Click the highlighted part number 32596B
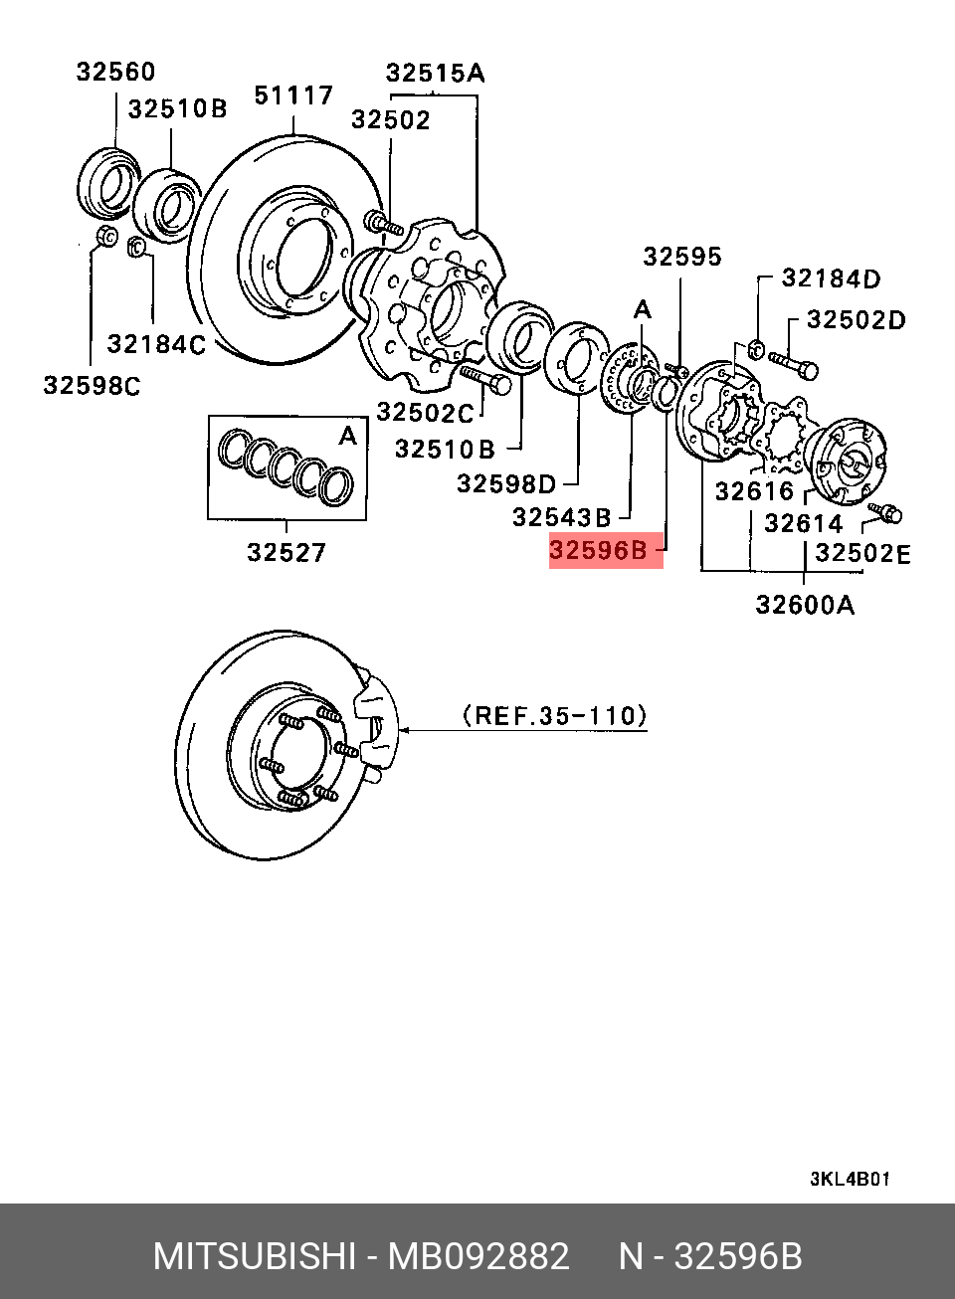tap(599, 550)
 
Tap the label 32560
tap(115, 72)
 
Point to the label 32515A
tap(435, 73)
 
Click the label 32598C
tap(92, 385)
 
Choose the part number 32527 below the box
tap(286, 552)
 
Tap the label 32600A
tap(805, 605)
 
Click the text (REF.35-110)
tap(555, 715)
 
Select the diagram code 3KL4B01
tap(850, 1180)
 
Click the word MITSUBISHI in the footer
tap(255, 1257)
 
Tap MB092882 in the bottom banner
tap(478, 1257)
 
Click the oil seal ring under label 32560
tap(108, 182)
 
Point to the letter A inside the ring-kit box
tap(347, 436)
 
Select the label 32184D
tap(831, 278)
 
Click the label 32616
tap(754, 490)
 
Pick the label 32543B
tap(561, 517)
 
